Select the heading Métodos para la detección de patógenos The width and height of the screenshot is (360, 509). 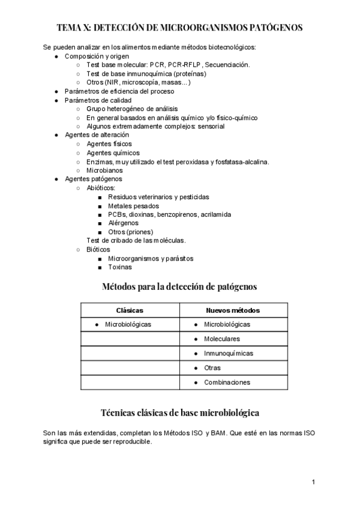click(x=180, y=287)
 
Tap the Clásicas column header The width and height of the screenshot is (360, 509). click(x=130, y=310)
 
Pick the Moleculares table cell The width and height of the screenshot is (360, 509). click(x=221, y=339)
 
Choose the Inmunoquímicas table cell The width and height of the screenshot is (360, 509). click(x=228, y=354)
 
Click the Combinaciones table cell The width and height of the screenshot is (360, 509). click(x=227, y=382)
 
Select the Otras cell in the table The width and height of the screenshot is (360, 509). click(x=212, y=368)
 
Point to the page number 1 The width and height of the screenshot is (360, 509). click(x=313, y=482)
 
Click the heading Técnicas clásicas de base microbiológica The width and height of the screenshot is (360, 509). click(x=180, y=413)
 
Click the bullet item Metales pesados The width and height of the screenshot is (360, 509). click(x=133, y=206)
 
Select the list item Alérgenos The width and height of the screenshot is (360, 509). click(x=124, y=223)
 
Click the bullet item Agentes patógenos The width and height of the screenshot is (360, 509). click(x=93, y=179)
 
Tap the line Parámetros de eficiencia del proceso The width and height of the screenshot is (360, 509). click(x=119, y=91)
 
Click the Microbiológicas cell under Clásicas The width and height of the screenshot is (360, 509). click(x=127, y=325)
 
